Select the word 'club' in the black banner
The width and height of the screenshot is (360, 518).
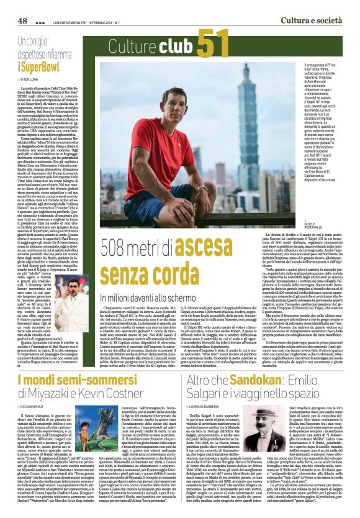tap(174, 47)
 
